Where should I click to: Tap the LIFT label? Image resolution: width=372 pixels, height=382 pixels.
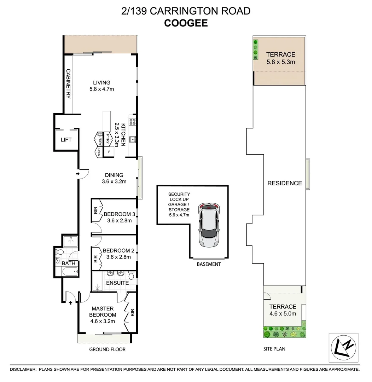pyautogui.click(x=66, y=140)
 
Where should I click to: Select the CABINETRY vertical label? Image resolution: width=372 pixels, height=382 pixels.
pyautogui.click(x=68, y=84)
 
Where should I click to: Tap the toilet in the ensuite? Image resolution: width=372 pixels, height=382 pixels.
pyautogui.click(x=132, y=275)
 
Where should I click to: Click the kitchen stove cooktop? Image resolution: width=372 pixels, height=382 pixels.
pyautogui.click(x=133, y=122)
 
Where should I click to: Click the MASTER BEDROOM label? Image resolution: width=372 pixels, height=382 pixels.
pyautogui.click(x=102, y=312)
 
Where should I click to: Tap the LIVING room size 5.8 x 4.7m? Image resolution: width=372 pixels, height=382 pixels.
pyautogui.click(x=102, y=89)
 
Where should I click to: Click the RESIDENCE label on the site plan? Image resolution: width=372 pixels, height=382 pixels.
pyautogui.click(x=284, y=183)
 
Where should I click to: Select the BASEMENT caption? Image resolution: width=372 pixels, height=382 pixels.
pyautogui.click(x=209, y=264)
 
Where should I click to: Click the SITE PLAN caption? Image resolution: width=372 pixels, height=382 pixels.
pyautogui.click(x=274, y=349)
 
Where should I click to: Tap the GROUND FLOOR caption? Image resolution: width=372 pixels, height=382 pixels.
pyautogui.click(x=107, y=349)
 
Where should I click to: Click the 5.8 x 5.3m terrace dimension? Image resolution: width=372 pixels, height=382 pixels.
pyautogui.click(x=281, y=62)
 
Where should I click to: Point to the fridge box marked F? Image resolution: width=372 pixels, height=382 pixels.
pyautogui.click(x=109, y=151)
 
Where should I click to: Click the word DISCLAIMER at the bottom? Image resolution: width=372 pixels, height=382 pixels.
pyautogui.click(x=23, y=369)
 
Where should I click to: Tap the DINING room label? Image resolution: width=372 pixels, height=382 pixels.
pyautogui.click(x=114, y=175)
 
